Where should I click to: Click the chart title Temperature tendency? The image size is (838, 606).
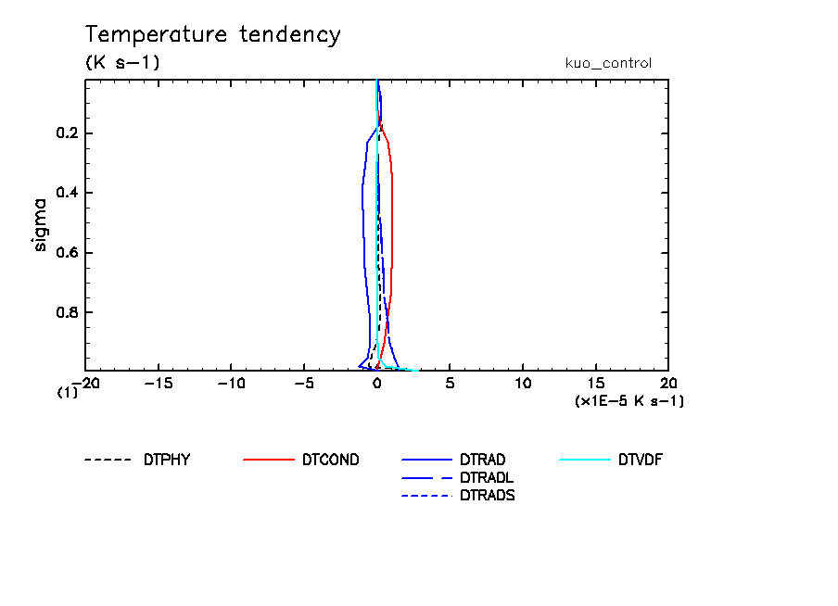point(213,35)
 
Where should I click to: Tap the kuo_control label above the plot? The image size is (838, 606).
point(608,64)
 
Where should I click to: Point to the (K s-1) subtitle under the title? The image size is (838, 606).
point(122,64)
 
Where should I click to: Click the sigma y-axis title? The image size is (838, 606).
point(40,224)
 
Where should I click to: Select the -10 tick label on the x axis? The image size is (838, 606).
point(231,383)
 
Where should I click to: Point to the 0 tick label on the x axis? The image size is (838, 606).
point(377,383)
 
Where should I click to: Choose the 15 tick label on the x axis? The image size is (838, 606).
point(596,383)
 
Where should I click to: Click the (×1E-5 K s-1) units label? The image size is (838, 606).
point(629,400)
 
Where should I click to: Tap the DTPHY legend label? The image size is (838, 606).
point(167,460)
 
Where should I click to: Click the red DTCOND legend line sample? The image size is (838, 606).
point(268,460)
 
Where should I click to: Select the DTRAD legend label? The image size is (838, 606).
point(483,460)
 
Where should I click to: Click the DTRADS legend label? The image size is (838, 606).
point(488,495)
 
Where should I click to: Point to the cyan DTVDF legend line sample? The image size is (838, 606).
point(586,460)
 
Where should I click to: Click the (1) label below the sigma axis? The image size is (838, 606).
point(67,392)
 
